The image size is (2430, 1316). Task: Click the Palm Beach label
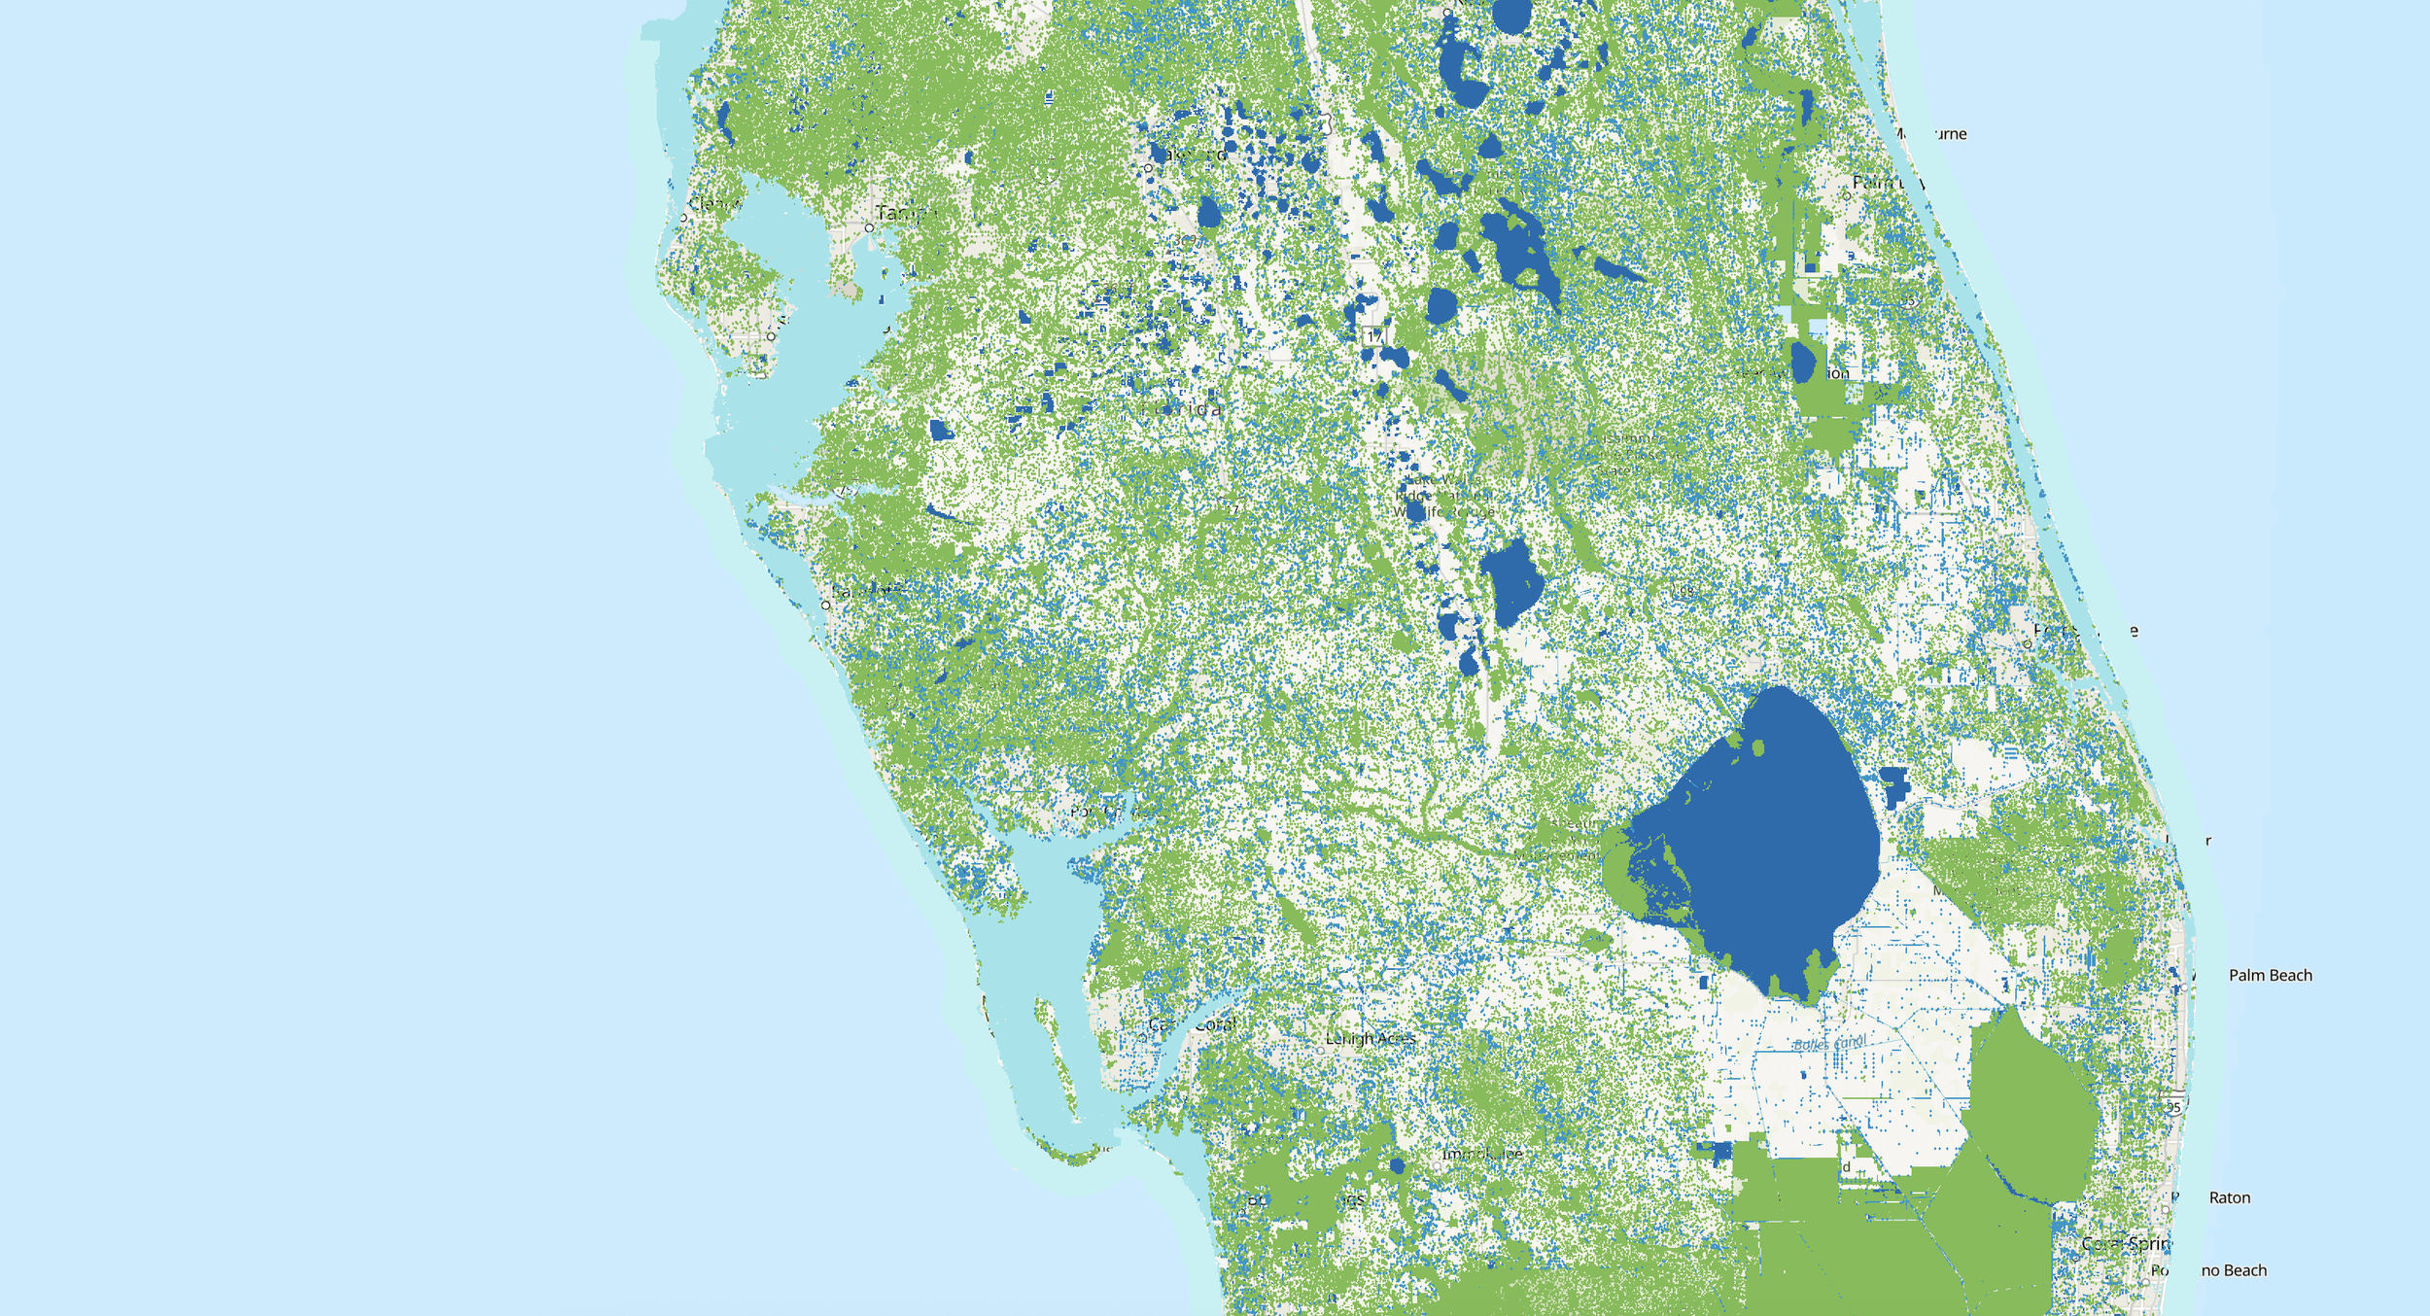click(x=2270, y=975)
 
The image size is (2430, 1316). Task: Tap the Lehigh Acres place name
click(x=1371, y=1038)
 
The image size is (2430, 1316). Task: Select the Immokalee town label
click(x=1481, y=1154)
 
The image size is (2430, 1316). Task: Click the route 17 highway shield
click(x=1373, y=335)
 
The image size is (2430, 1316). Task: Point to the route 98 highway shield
click(x=1683, y=590)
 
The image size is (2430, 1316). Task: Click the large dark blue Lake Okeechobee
click(x=1759, y=836)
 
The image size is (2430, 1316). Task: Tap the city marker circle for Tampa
click(x=869, y=227)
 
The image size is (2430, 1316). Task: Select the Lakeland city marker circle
click(x=1148, y=168)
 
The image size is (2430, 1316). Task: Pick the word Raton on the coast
click(x=2229, y=1197)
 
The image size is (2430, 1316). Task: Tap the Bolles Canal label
click(x=1828, y=1044)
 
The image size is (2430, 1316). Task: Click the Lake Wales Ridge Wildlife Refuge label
click(x=1444, y=496)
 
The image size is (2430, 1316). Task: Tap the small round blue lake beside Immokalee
click(x=1397, y=1165)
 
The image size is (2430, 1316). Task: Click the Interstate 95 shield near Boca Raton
click(x=2173, y=1107)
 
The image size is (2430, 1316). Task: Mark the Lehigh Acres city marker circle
click(x=1320, y=1050)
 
